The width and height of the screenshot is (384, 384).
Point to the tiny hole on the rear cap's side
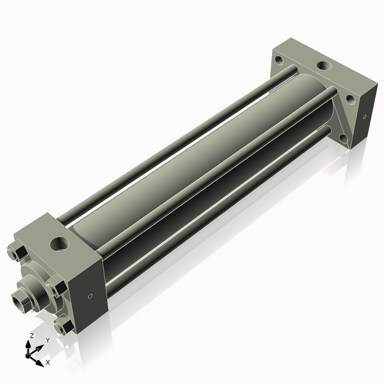[x=364, y=117]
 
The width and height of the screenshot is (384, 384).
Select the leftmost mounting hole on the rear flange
[x=279, y=61]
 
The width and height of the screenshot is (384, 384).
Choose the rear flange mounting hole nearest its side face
[x=350, y=100]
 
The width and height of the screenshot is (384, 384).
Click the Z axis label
[x=32, y=336]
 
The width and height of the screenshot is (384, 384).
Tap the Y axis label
[x=47, y=340]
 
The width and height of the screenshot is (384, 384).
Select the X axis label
[x=47, y=362]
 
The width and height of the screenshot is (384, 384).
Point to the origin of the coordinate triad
[x=31, y=353]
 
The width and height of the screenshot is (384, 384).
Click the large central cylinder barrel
[x=192, y=166]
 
